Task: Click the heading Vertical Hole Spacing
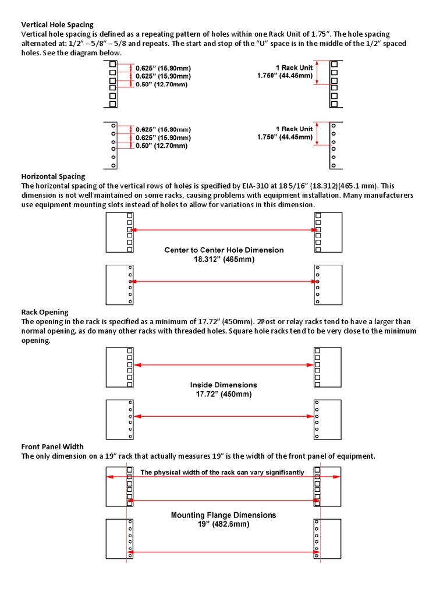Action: (57, 25)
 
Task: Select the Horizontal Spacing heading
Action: (53, 176)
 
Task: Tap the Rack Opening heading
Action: (45, 312)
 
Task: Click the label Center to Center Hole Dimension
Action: (224, 250)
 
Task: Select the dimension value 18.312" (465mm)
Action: (224, 260)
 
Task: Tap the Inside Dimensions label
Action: (223, 385)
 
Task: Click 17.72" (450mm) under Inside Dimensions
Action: (223, 394)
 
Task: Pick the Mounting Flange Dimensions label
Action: (223, 515)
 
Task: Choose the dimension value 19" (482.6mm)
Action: (223, 524)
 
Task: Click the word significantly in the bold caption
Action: (282, 473)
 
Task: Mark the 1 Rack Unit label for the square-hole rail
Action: (294, 68)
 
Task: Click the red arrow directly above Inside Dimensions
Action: (223, 365)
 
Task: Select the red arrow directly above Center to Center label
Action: (223, 230)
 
